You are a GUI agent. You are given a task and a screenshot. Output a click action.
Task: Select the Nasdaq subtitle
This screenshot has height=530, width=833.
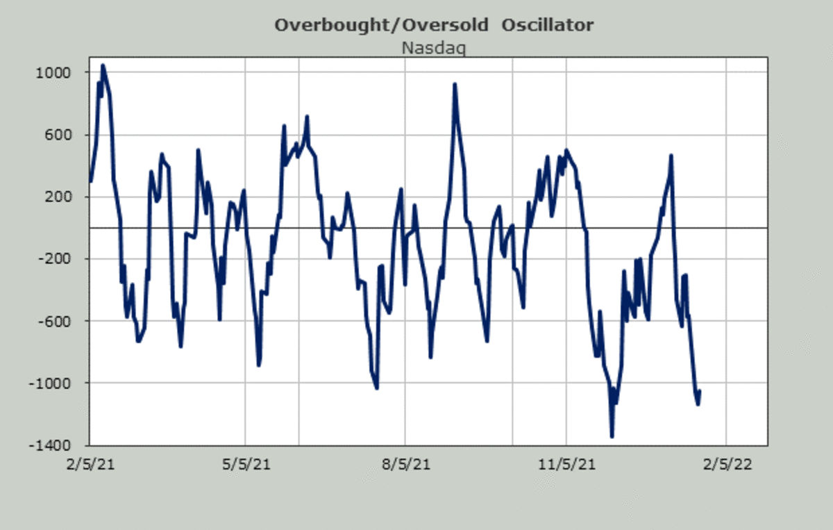pyautogui.click(x=434, y=48)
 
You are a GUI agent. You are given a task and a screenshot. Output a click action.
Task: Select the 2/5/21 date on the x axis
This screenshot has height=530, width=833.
pyautogui.click(x=91, y=463)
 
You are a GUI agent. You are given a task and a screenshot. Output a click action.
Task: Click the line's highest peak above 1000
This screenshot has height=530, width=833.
pyautogui.click(x=103, y=66)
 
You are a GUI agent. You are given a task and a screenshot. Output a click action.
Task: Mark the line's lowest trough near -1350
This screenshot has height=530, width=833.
pyautogui.click(x=612, y=436)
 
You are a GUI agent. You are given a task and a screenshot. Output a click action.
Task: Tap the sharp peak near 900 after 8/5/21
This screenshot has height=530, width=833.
pyautogui.click(x=455, y=85)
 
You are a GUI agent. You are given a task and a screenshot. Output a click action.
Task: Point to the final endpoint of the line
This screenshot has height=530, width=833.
pyautogui.click(x=699, y=391)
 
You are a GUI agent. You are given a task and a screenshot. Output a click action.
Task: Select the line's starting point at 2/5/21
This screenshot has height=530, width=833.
pyautogui.click(x=91, y=181)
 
